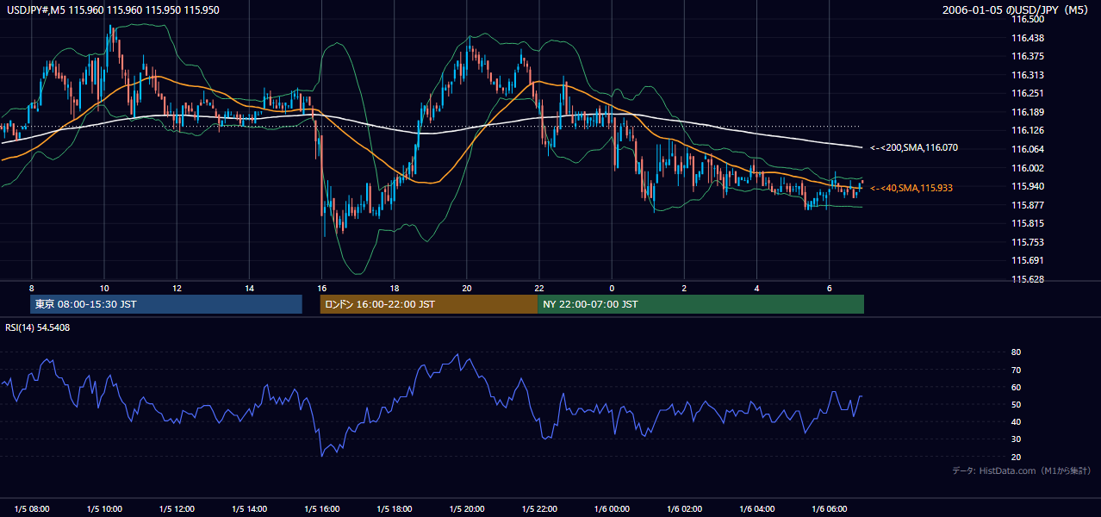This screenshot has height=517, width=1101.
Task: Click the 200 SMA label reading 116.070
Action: point(914,147)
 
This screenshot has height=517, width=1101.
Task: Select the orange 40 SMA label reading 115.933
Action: point(911,188)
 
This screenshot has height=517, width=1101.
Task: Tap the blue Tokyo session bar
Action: point(166,304)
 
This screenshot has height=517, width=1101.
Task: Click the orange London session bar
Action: point(429,304)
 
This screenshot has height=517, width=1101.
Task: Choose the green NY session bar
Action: point(701,304)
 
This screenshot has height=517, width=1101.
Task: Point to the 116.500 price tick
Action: point(1027,20)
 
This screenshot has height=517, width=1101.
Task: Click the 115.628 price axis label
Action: point(1027,279)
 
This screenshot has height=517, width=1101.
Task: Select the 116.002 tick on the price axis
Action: point(1027,168)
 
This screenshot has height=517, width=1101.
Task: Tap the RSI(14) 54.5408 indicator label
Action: point(37,327)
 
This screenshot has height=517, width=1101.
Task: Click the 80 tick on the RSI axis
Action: point(1016,352)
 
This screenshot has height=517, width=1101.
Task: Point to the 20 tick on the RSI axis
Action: point(1016,457)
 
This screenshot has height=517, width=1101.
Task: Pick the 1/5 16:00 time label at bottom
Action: point(322,508)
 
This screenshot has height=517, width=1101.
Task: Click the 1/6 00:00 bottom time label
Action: point(612,508)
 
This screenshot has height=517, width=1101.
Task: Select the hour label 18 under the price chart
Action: point(395,289)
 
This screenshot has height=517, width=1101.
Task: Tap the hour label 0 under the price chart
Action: point(612,289)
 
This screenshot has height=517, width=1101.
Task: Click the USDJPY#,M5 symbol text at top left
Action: point(36,10)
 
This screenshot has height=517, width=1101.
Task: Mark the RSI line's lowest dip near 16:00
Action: point(322,456)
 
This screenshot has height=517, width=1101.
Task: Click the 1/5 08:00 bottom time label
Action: point(32,508)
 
